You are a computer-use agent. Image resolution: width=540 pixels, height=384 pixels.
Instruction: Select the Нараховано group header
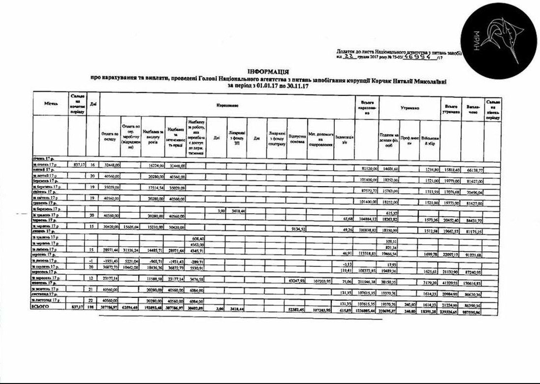[227, 105]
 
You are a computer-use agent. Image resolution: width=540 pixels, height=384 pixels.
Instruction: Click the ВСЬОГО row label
[40, 306]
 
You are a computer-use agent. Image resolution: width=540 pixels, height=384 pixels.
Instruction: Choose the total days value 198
[92, 306]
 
